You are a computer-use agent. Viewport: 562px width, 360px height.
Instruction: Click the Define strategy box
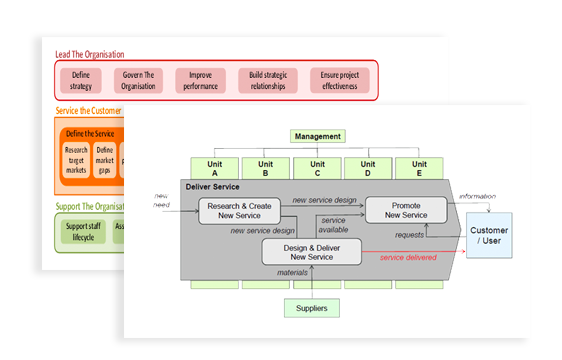pyautogui.click(x=81, y=80)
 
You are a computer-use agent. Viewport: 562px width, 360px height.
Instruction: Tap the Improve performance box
pyautogui.click(x=200, y=80)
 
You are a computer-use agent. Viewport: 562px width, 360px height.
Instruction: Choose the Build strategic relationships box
pyautogui.click(x=268, y=80)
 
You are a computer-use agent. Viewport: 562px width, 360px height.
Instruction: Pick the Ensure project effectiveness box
pyautogui.click(x=339, y=80)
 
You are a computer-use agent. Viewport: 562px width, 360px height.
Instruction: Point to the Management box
pyautogui.click(x=318, y=136)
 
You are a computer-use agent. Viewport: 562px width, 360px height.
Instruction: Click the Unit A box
pyautogui.click(x=215, y=168)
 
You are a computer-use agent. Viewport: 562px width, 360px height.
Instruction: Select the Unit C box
pyautogui.click(x=317, y=168)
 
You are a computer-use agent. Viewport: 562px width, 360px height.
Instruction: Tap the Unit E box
pyautogui.click(x=419, y=168)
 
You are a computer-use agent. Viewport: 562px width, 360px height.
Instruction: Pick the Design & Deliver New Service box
pyautogui.click(x=311, y=251)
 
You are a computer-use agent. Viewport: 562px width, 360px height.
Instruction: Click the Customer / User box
pyautogui.click(x=488, y=237)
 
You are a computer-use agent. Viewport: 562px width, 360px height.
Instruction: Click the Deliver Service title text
pyautogui.click(x=213, y=186)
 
